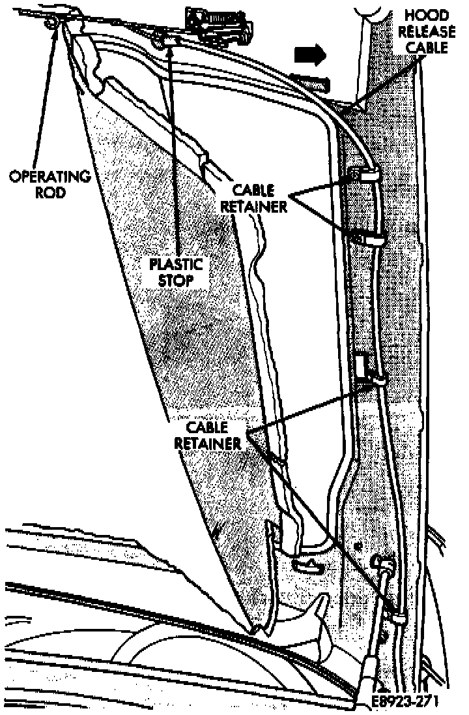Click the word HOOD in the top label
pos(429,15)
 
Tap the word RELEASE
pos(429,31)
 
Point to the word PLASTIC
pos(175,266)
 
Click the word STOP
pos(175,281)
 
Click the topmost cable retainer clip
pos(367,175)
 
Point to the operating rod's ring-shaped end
pos(51,23)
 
